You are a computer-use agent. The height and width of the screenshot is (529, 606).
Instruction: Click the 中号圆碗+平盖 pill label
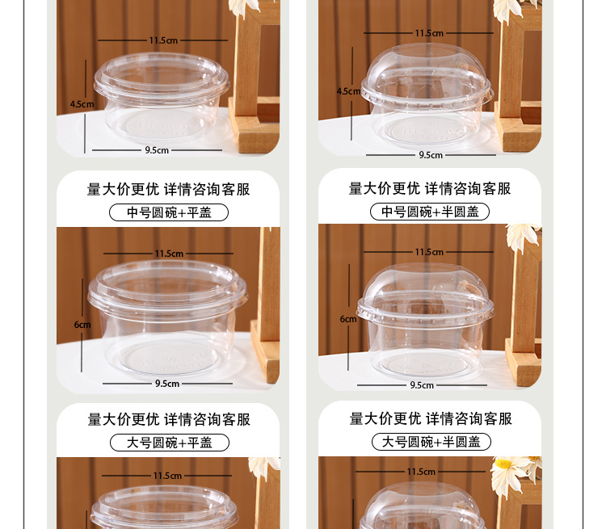169,212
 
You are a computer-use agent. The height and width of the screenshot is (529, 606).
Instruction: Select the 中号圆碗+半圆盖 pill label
430,212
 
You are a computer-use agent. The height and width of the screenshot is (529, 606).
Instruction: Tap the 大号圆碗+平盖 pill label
169,443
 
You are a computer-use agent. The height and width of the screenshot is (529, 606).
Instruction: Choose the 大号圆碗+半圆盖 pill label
431,442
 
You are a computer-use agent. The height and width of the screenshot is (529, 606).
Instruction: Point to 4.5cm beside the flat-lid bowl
82,104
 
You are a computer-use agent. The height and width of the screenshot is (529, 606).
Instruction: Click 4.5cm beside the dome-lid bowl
348,91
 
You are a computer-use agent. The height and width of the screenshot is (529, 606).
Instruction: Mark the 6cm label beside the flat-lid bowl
82,325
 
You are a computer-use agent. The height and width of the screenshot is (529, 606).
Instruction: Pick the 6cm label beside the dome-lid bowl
348,319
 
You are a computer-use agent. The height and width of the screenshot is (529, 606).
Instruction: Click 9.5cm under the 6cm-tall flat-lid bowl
167,384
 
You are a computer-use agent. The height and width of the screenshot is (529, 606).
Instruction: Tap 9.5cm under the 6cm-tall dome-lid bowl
422,385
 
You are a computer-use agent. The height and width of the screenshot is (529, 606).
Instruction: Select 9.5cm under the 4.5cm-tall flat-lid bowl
157,149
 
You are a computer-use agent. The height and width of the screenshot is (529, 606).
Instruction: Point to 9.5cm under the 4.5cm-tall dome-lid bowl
430,155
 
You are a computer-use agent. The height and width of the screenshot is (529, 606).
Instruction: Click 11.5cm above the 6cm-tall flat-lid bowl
169,254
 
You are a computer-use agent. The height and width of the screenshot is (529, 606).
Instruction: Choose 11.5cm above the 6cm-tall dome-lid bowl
429,252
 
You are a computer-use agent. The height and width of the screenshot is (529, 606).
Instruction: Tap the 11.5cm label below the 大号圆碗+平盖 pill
167,476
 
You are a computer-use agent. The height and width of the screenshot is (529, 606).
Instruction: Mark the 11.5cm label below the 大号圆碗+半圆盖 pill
421,472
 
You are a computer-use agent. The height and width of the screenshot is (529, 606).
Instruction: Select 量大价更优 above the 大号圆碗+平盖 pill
124,419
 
